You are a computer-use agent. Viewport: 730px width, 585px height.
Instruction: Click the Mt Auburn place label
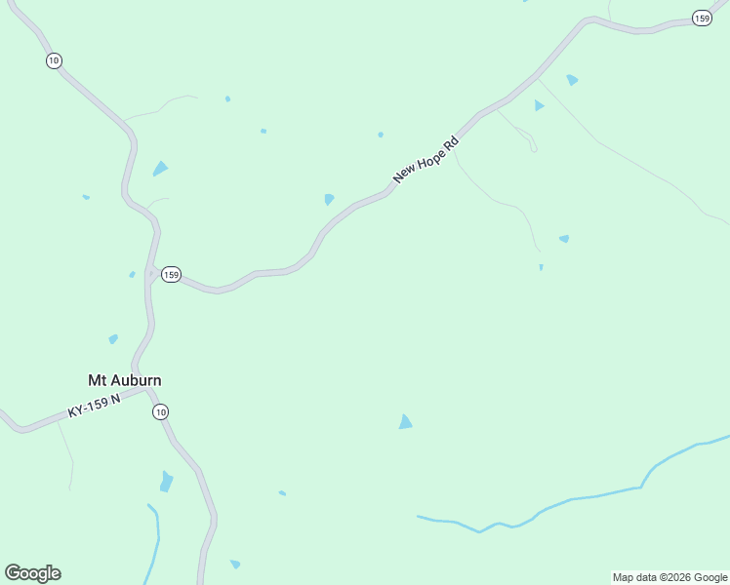(x=125, y=380)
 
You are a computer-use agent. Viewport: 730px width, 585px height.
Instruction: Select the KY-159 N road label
(x=94, y=406)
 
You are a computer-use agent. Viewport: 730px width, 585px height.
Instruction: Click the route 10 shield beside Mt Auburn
(x=160, y=411)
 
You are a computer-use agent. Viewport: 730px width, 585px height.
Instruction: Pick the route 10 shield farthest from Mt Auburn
(x=53, y=60)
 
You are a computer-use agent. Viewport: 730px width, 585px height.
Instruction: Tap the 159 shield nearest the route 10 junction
(x=171, y=275)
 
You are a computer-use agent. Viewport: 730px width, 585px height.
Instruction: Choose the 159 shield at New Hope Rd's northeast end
(x=702, y=19)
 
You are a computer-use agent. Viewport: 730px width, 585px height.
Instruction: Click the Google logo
(x=32, y=573)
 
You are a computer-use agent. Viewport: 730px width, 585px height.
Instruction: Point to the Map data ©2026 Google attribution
(x=669, y=577)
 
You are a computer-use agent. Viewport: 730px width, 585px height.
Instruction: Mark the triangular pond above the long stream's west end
(x=405, y=421)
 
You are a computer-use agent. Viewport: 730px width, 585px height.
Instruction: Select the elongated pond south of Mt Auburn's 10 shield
(x=166, y=482)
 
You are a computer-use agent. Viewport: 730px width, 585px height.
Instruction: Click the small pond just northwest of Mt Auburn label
(x=113, y=339)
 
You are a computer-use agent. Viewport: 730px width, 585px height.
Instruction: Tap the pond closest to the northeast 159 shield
(x=572, y=80)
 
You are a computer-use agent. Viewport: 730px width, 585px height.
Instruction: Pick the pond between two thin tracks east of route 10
(x=160, y=169)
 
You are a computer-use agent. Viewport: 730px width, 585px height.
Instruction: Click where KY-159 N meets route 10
(x=146, y=389)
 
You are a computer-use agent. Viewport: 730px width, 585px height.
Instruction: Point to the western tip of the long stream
(x=419, y=517)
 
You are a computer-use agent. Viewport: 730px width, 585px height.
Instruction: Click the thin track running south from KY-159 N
(x=69, y=453)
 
